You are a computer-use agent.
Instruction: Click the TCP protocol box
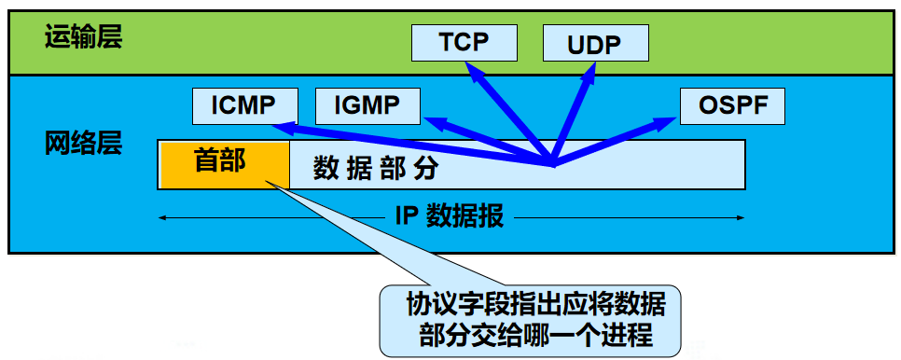(464, 41)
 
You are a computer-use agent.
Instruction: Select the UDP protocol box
(595, 43)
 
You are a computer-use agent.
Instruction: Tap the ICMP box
(244, 106)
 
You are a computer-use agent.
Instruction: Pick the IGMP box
(368, 106)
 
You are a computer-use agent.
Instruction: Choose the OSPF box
(732, 106)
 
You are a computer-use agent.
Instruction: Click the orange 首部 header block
(224, 164)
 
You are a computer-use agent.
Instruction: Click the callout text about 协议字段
(530, 319)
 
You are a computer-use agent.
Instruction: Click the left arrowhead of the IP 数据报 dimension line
(162, 218)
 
